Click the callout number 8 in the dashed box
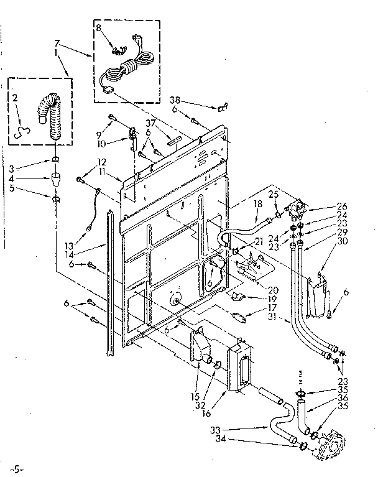click(98, 28)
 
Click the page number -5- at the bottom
click(21, 465)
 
